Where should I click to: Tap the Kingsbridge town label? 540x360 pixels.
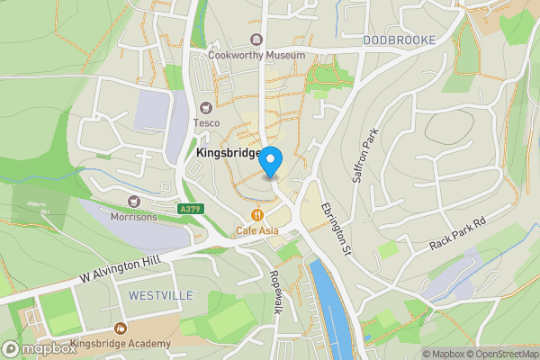click(228, 154)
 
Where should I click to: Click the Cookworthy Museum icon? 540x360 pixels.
click(257, 40)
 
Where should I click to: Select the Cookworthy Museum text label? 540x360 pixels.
click(256, 55)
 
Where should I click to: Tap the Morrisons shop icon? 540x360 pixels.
click(135, 202)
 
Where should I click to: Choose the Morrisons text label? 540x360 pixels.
click(133, 217)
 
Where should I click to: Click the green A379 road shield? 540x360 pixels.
click(190, 210)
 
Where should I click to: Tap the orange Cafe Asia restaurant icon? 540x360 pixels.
click(257, 215)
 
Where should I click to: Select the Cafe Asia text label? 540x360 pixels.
click(257, 230)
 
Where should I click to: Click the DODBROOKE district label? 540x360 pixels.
click(400, 40)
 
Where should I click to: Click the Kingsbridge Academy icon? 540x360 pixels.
click(120, 329)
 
